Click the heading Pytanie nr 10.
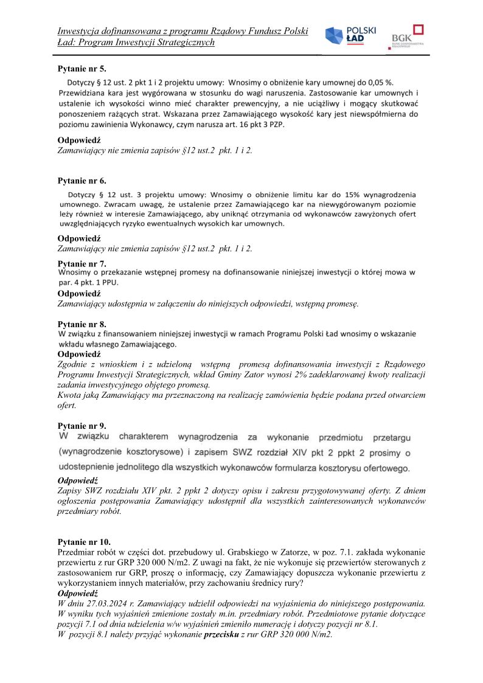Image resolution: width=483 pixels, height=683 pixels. (85, 541)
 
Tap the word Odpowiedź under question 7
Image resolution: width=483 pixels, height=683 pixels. (79, 294)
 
